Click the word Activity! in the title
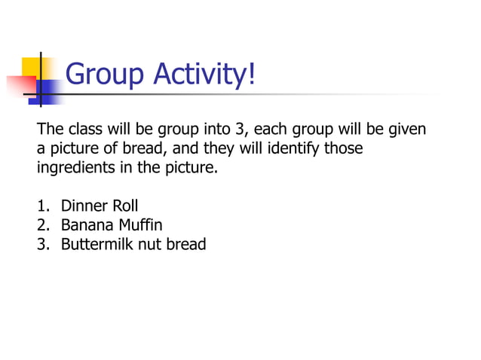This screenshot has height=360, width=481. click(204, 75)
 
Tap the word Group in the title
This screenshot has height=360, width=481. click(105, 75)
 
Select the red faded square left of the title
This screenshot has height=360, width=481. click(18, 85)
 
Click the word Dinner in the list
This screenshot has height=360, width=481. click(84, 206)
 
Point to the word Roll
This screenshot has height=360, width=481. click(125, 206)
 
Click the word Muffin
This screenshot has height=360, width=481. click(141, 224)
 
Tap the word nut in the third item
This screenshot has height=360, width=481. click(147, 244)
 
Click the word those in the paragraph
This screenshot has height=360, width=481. click(343, 148)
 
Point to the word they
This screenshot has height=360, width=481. click(217, 148)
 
